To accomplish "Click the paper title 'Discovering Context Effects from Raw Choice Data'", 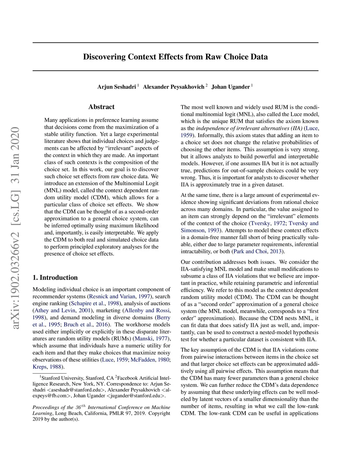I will [175, 57].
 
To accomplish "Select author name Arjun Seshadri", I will [116, 87].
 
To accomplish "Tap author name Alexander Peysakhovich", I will [173, 87].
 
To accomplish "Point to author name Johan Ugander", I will [230, 87].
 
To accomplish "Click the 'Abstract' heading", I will [101, 107].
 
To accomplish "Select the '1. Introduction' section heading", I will [55, 277].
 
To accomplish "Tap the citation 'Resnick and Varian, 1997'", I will [120, 296].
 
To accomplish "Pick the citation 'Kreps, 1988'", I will [48, 367].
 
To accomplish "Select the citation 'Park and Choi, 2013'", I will [258, 251].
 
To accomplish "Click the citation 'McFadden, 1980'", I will [150, 360].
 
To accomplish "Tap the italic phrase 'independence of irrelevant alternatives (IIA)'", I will [249, 128].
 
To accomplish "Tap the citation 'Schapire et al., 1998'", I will [95, 304].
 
